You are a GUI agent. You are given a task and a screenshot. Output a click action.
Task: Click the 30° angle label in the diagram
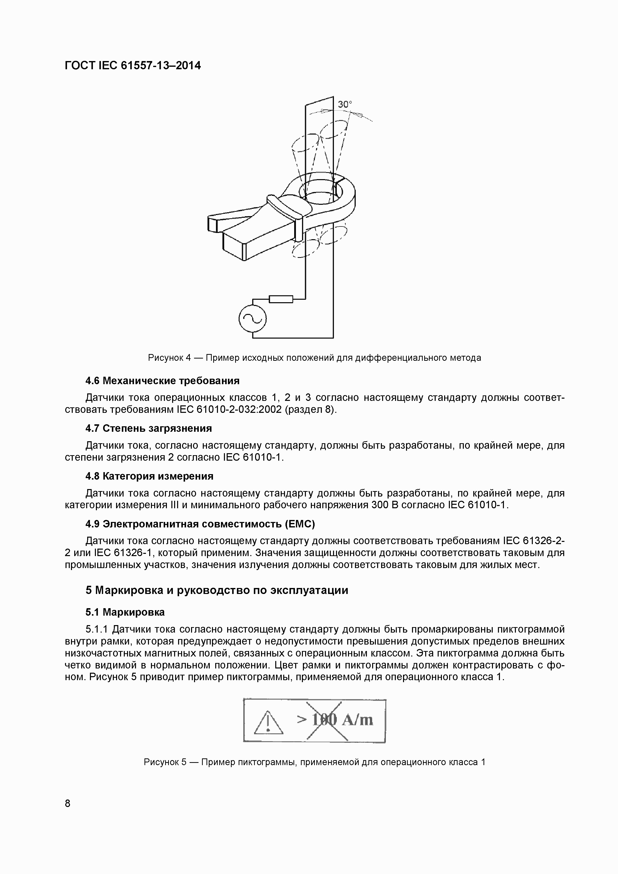345,104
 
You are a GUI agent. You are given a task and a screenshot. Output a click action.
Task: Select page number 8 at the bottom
68,803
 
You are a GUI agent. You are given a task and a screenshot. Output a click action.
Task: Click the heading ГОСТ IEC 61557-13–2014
133,66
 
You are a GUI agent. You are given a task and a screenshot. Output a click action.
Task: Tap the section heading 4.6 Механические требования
162,381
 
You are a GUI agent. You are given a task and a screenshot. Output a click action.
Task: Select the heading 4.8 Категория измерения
149,476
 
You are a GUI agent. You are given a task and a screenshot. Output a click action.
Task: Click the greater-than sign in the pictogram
302,720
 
